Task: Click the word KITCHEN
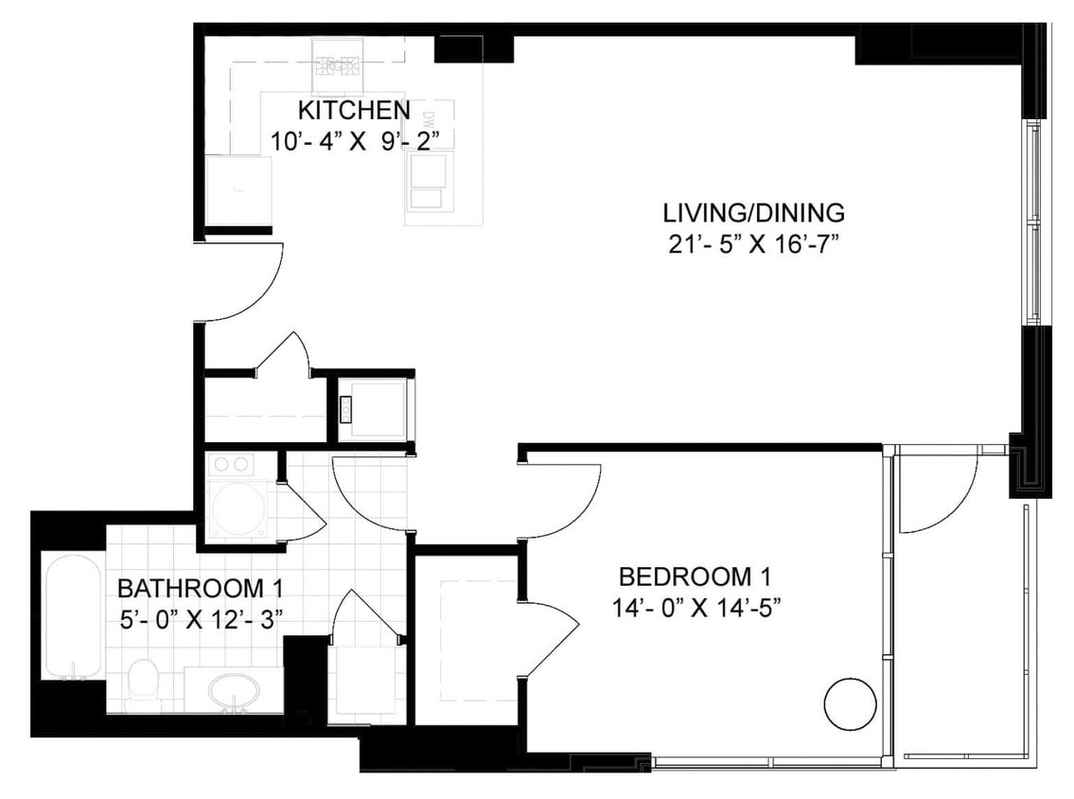coord(354,109)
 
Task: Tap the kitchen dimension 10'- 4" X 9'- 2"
coord(357,140)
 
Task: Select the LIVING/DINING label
coord(753,212)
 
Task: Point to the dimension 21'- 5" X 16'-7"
coord(753,244)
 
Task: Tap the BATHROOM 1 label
coord(200,588)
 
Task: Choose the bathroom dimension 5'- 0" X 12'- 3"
coord(200,619)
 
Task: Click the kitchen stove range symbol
coord(339,64)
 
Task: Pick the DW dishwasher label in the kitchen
coord(428,120)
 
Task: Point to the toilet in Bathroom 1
coord(143,681)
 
